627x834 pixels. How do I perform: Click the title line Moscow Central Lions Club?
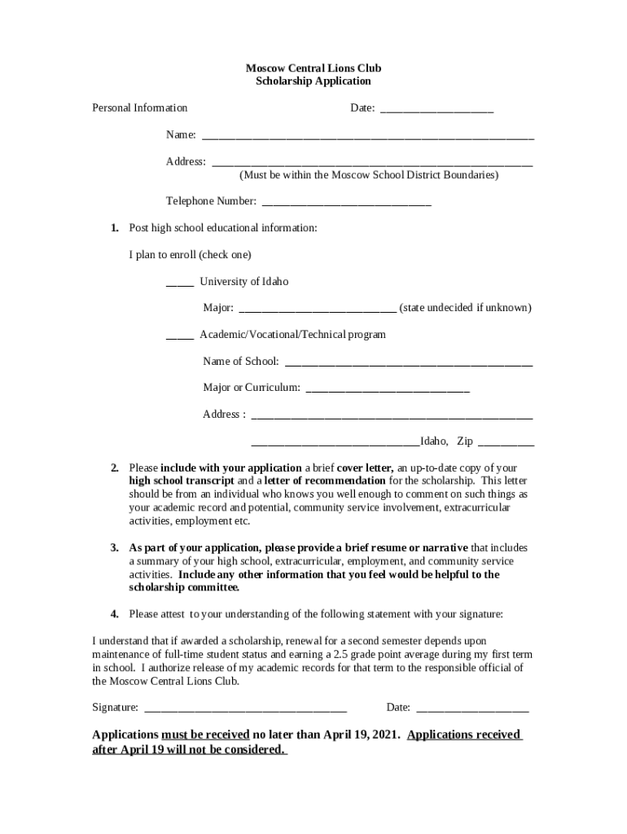[x=313, y=68]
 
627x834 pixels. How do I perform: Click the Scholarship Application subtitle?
[x=313, y=81]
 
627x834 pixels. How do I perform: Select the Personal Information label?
[x=139, y=108]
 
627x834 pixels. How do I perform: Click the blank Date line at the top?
[x=436, y=109]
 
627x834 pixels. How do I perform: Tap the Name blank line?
[x=367, y=136]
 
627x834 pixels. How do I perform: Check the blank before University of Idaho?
[x=179, y=283]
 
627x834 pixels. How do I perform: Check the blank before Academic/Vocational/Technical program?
[x=179, y=336]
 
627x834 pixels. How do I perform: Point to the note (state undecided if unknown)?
[x=465, y=308]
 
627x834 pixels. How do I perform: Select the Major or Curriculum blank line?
[x=387, y=389]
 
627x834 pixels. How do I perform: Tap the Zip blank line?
[x=506, y=443]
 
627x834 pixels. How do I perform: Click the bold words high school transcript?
[x=182, y=481]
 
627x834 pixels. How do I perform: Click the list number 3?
[x=115, y=548]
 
